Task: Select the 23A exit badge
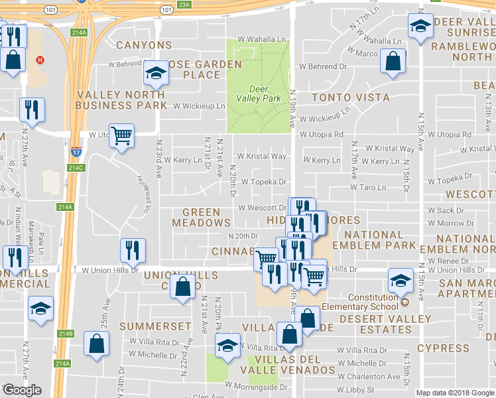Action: [x=184, y=5]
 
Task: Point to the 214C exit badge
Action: [x=76, y=167]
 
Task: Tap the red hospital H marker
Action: [x=40, y=60]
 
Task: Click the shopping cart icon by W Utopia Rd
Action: [x=121, y=135]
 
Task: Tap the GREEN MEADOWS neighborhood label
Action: [x=201, y=218]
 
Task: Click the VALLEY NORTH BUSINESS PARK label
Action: [x=121, y=100]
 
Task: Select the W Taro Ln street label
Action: [x=367, y=188]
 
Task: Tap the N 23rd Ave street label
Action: [x=158, y=157]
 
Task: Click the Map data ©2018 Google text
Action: [x=454, y=393]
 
